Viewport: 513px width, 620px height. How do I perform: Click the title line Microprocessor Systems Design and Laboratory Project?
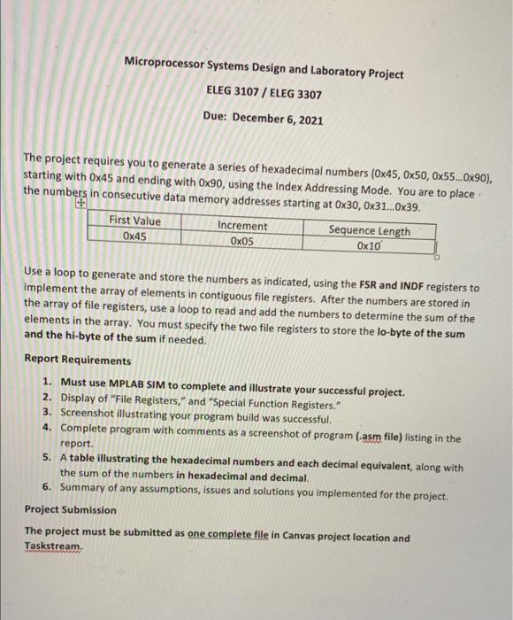click(264, 66)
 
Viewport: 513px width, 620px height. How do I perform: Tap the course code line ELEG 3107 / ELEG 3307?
click(264, 92)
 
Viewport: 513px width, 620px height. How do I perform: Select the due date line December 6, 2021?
click(264, 119)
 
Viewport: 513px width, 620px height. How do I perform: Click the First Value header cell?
click(134, 221)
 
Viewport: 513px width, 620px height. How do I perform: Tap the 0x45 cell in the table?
click(134, 236)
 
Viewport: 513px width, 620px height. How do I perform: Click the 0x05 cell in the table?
click(241, 241)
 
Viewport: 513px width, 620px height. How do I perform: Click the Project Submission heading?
click(70, 509)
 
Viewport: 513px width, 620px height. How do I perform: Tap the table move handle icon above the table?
click(81, 205)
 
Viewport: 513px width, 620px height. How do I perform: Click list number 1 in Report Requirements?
click(46, 381)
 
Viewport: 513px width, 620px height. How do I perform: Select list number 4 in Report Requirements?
click(46, 427)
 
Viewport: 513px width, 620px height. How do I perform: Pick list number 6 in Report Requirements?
click(46, 489)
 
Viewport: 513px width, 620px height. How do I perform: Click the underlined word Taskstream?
click(53, 547)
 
